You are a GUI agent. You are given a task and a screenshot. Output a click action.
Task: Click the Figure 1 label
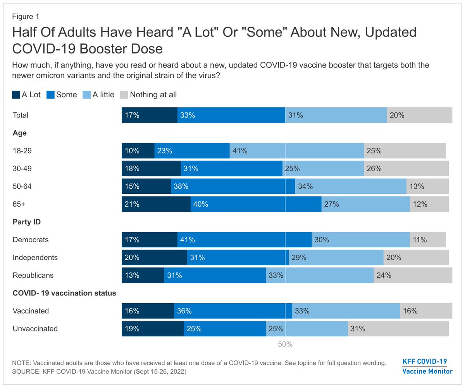point(25,17)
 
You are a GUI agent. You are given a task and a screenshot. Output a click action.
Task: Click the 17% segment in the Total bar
point(150,115)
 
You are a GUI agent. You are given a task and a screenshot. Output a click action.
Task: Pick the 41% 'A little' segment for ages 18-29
point(296,151)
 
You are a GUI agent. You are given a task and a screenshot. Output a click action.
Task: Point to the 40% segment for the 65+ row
point(256,204)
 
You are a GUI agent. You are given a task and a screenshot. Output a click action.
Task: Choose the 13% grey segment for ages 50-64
point(427,186)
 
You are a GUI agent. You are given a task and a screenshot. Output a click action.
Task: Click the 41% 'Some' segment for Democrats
point(244,240)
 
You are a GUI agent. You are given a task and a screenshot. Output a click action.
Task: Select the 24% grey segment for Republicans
point(413,276)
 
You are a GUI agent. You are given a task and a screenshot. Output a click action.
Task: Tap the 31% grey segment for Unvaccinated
point(398,329)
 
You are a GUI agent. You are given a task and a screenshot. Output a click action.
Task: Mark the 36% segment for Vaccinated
point(232,311)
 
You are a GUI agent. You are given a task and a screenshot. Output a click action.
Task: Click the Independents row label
point(35,257)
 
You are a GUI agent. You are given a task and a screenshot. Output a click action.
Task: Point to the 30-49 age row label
point(22,169)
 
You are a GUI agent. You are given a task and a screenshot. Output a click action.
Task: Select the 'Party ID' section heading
point(27,222)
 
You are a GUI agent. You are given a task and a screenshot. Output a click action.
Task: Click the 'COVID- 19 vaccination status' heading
point(64,293)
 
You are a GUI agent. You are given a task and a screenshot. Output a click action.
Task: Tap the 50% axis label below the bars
point(285,344)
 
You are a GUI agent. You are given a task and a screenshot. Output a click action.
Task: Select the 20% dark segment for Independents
point(154,258)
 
